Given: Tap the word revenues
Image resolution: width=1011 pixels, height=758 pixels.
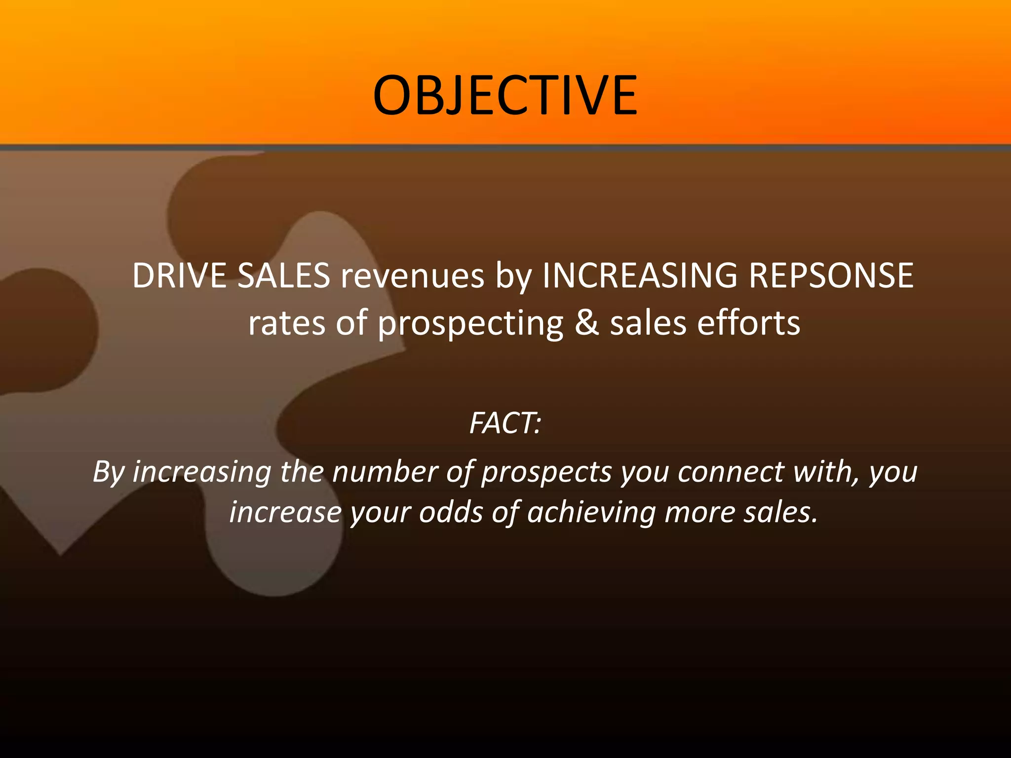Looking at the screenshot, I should pos(412,275).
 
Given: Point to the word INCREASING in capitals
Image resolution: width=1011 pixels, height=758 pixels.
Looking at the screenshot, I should pos(639,275).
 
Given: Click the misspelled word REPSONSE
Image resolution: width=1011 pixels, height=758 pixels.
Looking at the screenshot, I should pos(831,275).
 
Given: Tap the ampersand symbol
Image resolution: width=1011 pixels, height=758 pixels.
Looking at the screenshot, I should pos(587,324).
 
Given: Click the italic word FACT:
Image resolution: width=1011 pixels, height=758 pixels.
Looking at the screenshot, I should pos(505,423).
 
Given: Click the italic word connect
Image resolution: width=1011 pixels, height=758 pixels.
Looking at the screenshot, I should pos(731,472).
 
